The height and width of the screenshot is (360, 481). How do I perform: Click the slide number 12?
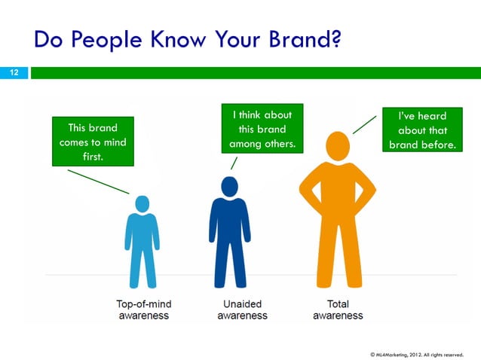click(x=14, y=72)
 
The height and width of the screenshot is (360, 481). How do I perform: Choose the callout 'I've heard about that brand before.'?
click(x=421, y=130)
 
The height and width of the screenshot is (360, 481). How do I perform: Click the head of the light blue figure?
click(x=142, y=203)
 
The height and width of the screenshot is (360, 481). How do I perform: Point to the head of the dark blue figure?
click(x=229, y=186)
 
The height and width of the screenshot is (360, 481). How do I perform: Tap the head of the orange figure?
click(x=338, y=145)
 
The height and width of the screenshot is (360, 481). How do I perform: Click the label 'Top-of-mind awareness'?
click(x=143, y=310)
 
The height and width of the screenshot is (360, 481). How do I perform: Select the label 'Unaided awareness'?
click(x=242, y=310)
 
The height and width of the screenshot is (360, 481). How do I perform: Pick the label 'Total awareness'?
click(x=338, y=310)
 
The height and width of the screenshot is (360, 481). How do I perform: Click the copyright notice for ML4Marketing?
click(x=421, y=353)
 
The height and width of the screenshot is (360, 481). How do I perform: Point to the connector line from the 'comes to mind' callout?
click(x=98, y=181)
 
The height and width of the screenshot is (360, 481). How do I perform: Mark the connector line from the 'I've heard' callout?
click(x=365, y=125)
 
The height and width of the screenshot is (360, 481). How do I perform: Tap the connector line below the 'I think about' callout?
click(x=234, y=163)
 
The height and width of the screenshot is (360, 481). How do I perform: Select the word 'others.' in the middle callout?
click(x=278, y=144)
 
